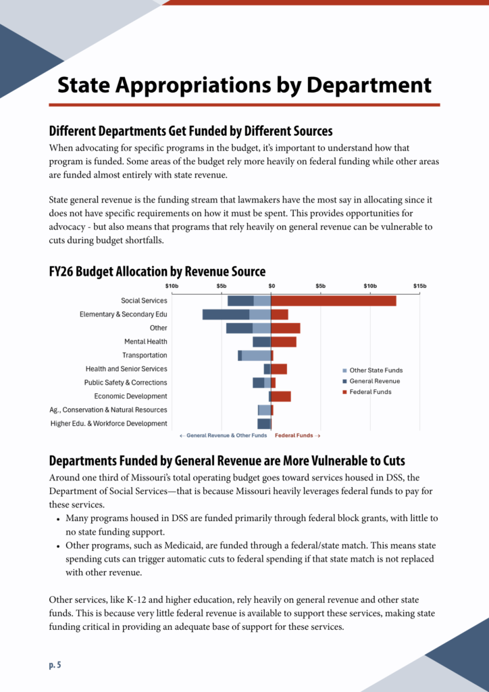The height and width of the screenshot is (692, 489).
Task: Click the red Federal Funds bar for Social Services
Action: point(333,301)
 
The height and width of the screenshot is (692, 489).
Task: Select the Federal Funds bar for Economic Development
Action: point(281,396)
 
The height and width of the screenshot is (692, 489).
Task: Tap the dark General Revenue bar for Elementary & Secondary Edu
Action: point(226,314)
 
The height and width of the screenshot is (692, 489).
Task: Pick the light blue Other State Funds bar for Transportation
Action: point(256,355)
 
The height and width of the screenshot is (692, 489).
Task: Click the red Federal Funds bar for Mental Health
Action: point(284,342)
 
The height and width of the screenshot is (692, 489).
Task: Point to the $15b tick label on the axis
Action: point(419,286)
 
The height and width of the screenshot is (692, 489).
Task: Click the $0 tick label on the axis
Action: point(272,286)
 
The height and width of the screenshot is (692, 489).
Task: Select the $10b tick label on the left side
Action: point(172,286)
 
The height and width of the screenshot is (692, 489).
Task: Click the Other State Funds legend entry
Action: point(376,370)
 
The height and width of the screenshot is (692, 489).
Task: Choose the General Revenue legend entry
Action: point(374,381)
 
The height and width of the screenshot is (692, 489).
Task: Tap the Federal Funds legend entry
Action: point(370,392)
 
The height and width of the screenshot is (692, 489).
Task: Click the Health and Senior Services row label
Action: point(126,369)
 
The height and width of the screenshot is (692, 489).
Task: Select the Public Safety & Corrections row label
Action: point(126,382)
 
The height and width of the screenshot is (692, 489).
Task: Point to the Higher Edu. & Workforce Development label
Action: point(109,424)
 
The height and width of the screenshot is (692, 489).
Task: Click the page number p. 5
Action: point(55,665)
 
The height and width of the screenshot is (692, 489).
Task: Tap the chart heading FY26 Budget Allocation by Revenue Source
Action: point(157,272)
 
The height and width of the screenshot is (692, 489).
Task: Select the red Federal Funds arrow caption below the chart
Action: point(297,436)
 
